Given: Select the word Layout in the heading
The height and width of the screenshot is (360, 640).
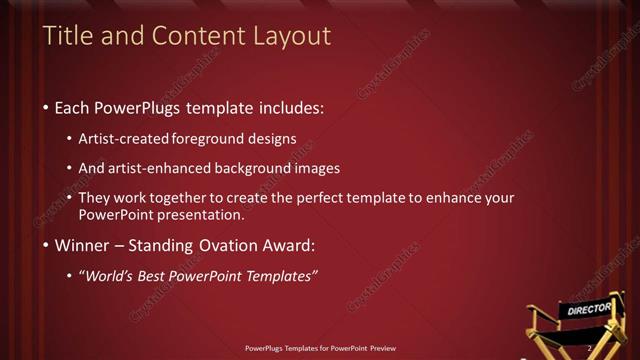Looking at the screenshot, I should pos(293,37).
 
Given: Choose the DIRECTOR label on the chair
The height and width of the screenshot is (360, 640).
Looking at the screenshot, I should pos(589,310).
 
